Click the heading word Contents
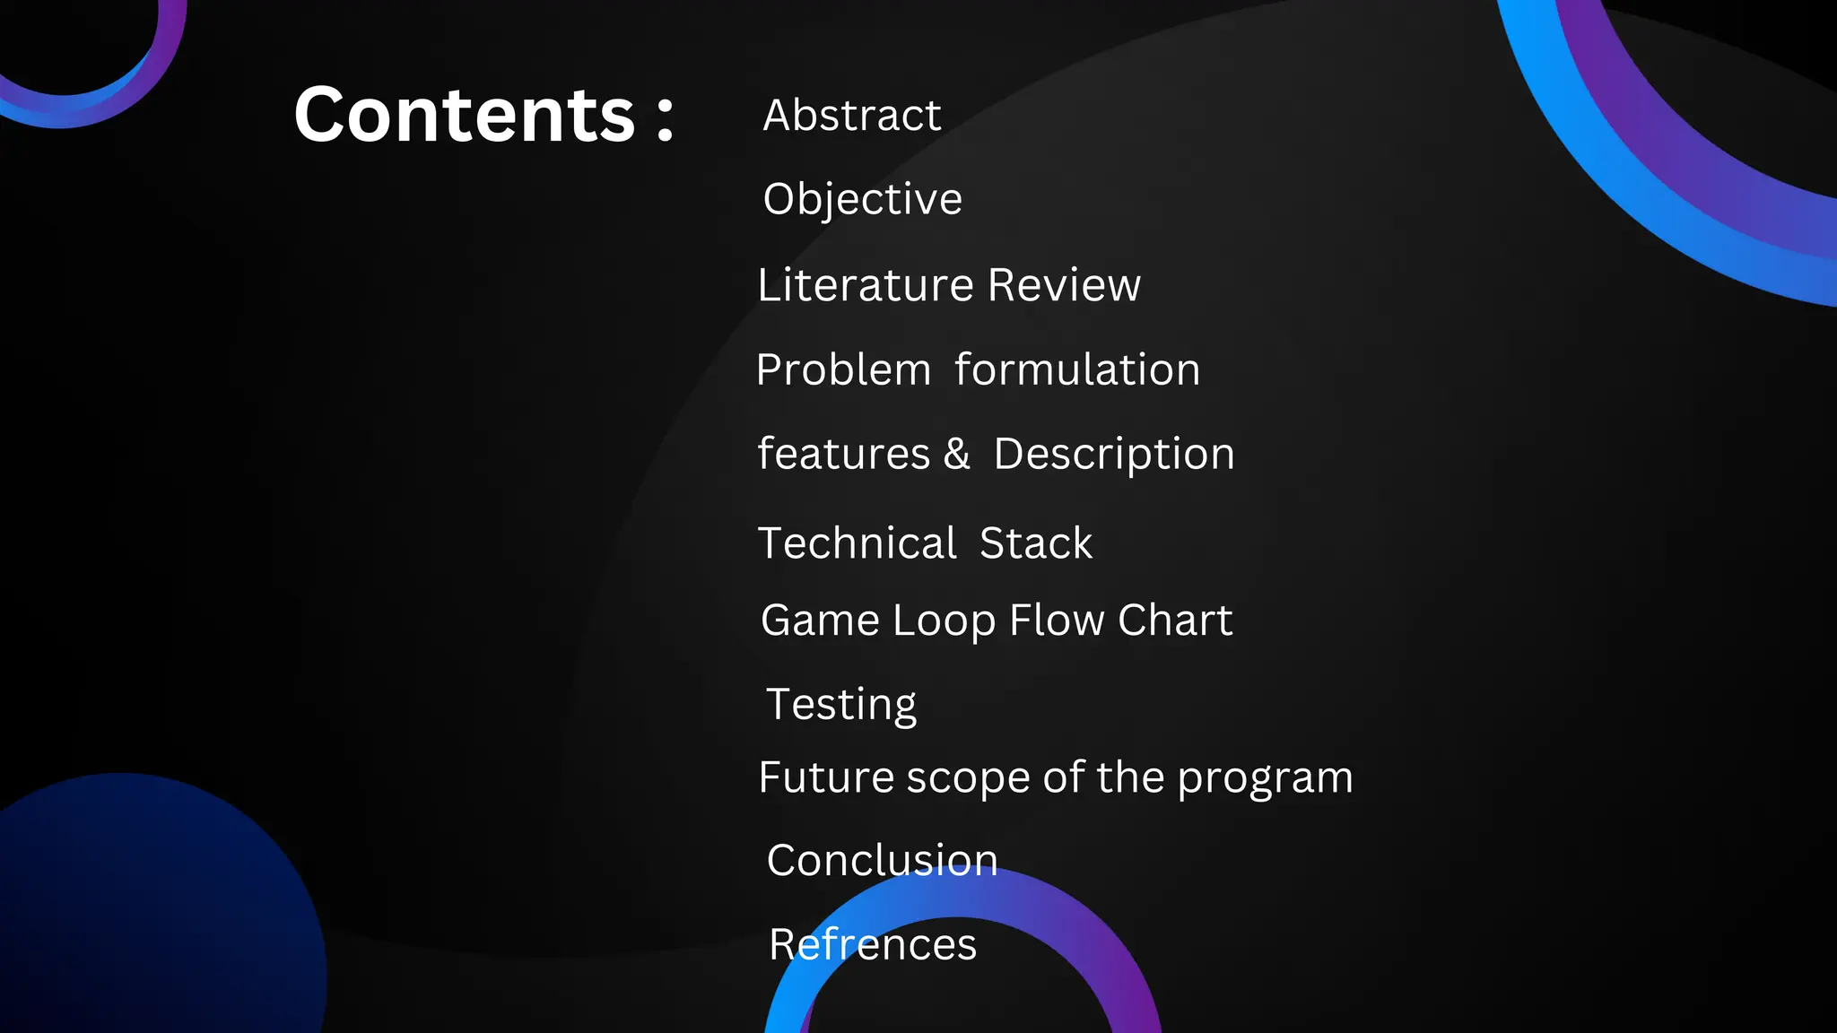(x=465, y=115)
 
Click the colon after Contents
(x=665, y=119)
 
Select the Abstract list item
(x=852, y=115)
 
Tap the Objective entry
(x=862, y=199)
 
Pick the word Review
(x=1065, y=285)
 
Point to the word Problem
(x=844, y=369)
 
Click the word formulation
(x=1077, y=369)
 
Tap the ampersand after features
(x=957, y=454)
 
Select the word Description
(x=1114, y=455)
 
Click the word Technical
(x=858, y=543)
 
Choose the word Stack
(x=1036, y=543)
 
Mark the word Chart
(x=1175, y=621)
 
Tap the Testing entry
(x=841, y=705)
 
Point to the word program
(x=1265, y=778)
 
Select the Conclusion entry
(x=883, y=860)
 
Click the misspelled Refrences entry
(x=873, y=944)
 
